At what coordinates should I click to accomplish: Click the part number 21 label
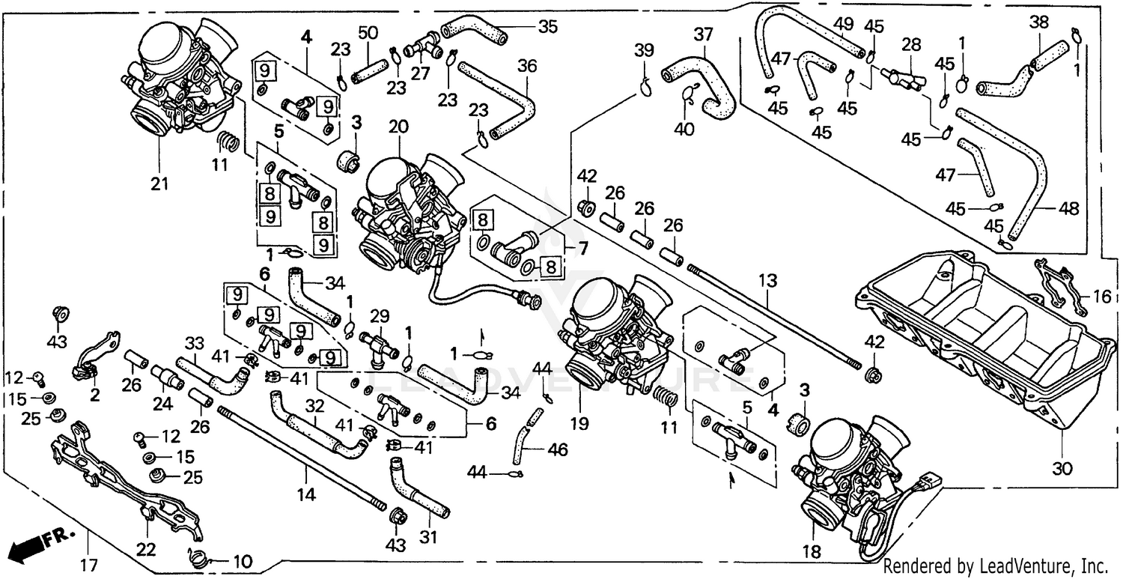pos(159,183)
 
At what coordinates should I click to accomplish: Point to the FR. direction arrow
pos(37,542)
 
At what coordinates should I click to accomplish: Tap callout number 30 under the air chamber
pos(1062,470)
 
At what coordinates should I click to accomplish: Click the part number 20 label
pos(398,127)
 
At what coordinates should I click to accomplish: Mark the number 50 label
pos(368,34)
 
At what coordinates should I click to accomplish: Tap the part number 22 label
pos(146,550)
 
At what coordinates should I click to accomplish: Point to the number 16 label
pos(1101,297)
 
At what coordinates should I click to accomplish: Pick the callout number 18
pos(811,552)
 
